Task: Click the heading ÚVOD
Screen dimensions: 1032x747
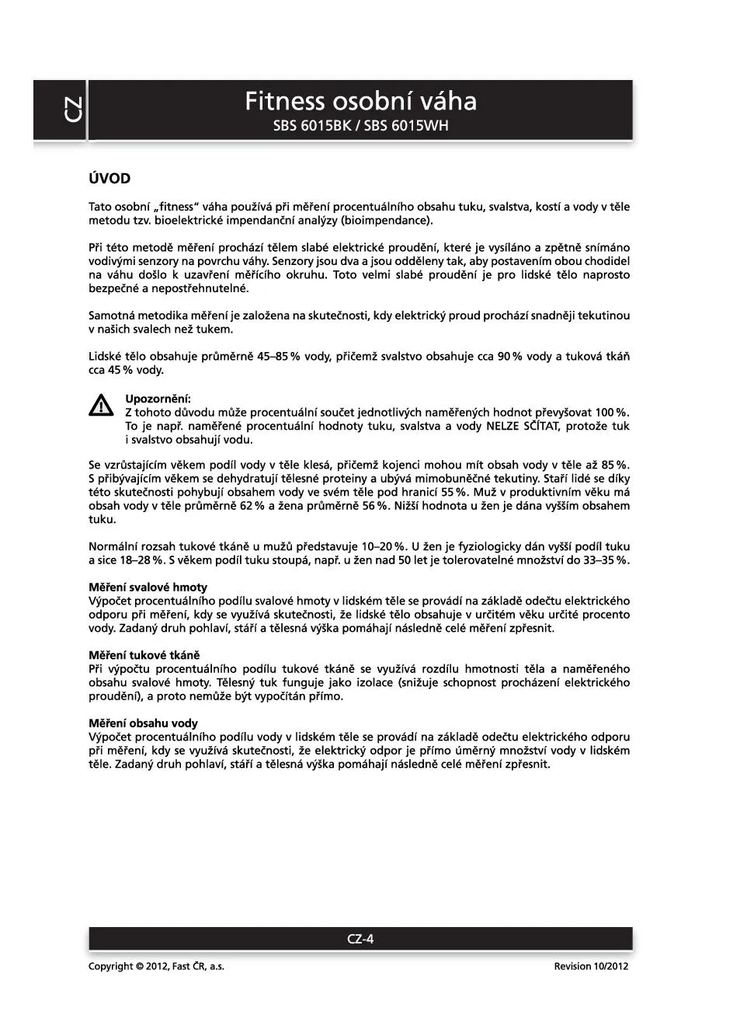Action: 109,179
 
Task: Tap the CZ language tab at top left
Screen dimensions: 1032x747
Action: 71,110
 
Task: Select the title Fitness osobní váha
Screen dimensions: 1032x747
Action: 360,102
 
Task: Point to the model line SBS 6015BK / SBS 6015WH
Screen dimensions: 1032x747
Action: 360,126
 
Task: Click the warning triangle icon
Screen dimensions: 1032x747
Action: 100,405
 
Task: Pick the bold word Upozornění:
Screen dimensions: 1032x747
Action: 158,399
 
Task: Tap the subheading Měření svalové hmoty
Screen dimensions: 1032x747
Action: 148,587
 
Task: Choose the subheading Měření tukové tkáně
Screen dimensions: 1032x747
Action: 144,655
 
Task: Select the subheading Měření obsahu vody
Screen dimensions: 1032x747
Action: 143,723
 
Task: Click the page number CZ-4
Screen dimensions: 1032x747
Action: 360,939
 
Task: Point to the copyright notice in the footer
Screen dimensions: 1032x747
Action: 156,967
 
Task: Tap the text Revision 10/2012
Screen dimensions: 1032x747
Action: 591,967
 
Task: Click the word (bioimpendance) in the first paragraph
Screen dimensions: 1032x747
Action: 386,221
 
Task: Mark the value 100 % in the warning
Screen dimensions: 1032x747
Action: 613,413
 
